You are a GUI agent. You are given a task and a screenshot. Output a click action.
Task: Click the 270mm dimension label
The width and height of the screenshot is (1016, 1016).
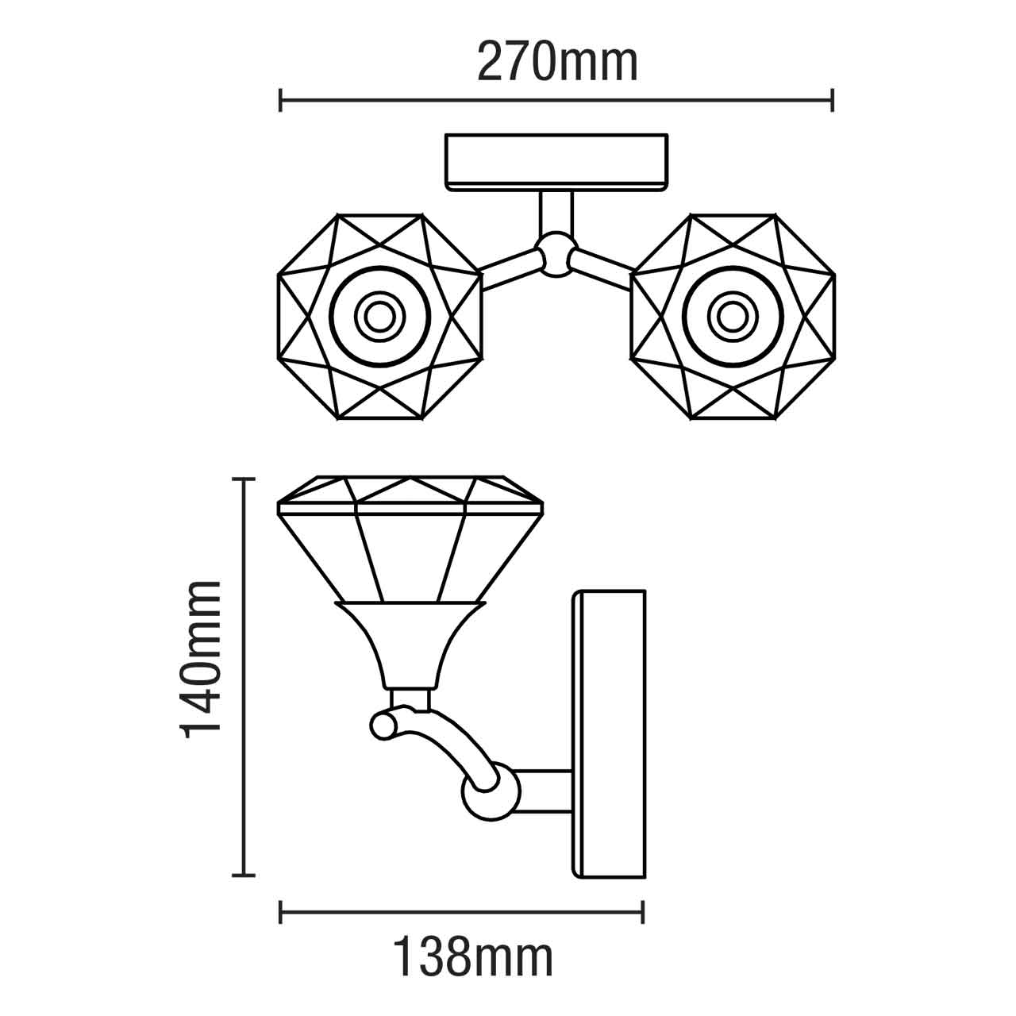(x=557, y=63)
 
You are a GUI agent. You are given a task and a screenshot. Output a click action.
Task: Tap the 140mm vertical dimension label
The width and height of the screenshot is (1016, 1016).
(x=201, y=660)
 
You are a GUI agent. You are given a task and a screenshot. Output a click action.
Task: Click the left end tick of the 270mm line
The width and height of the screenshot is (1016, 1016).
(x=281, y=101)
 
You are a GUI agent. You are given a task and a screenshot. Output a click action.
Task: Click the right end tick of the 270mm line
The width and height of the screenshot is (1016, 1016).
(x=832, y=101)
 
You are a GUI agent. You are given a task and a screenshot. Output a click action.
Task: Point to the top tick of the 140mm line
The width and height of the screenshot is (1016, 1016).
(x=243, y=479)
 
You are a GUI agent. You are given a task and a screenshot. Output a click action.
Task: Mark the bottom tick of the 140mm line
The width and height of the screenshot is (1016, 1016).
(x=243, y=876)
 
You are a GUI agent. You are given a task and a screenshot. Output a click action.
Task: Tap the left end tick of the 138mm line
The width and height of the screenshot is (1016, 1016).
(x=281, y=912)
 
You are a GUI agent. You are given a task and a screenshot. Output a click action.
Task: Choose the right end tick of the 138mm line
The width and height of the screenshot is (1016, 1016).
(x=642, y=912)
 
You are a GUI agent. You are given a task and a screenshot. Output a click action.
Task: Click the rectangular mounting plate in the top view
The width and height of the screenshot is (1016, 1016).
(x=556, y=161)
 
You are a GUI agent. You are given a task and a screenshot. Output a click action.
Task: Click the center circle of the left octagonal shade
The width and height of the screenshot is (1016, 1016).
(x=379, y=316)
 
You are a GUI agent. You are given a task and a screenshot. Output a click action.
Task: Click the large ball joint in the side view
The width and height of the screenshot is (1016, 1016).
(x=489, y=792)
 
